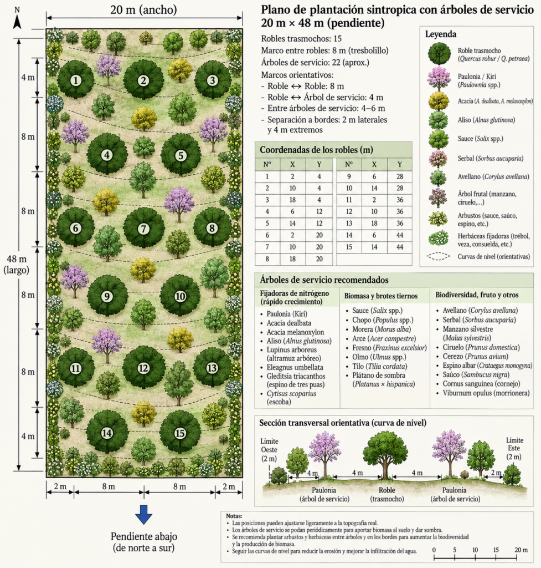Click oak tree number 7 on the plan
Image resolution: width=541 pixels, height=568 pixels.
pyautogui.click(x=143, y=228)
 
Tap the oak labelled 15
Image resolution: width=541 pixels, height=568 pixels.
pyautogui.click(x=180, y=433)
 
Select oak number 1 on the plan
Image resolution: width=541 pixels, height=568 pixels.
pyautogui.click(x=75, y=80)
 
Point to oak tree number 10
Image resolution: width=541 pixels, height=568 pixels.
pyautogui.click(x=180, y=296)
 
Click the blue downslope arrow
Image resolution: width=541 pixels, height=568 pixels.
pyautogui.click(x=143, y=514)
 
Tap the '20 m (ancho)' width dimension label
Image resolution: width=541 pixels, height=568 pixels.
pyautogui.click(x=143, y=10)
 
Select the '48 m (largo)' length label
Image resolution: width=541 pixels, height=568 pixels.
pyautogui.click(x=16, y=265)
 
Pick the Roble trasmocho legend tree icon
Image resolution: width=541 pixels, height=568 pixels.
pyautogui.click(x=439, y=53)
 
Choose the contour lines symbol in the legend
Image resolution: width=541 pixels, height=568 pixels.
pyautogui.click(x=439, y=256)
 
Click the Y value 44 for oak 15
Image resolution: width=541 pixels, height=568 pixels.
pyautogui.click(x=400, y=247)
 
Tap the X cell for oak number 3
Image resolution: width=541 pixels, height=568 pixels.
pyautogui.click(x=292, y=200)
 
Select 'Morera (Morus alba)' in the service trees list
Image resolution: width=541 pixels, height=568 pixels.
pyautogui.click(x=382, y=329)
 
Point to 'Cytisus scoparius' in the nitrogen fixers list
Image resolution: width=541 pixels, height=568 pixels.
pyautogui.click(x=291, y=393)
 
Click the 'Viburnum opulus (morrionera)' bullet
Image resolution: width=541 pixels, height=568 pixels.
pyautogui.click(x=486, y=393)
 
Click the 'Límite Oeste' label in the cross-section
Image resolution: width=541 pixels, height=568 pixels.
pyautogui.click(x=270, y=445)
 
